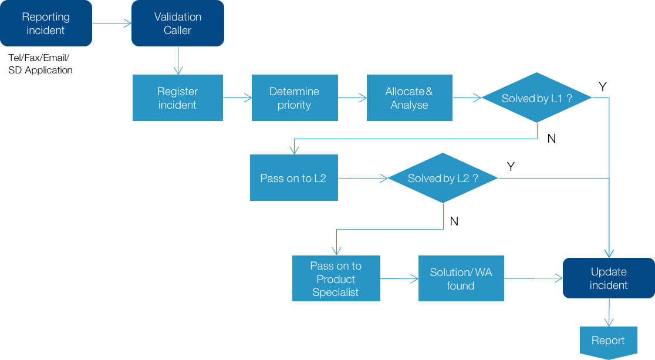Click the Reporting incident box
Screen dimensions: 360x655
tap(46, 23)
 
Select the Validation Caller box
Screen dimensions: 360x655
tap(177, 23)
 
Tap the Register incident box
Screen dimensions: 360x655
tap(177, 98)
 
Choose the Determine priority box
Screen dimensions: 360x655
tap(295, 98)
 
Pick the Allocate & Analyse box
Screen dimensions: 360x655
tap(409, 98)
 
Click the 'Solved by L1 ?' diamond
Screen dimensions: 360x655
tap(536, 98)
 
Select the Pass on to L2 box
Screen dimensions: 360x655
tap(293, 178)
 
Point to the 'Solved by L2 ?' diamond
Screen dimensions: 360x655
tap(443, 178)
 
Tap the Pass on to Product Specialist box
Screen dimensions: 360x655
tap(336, 279)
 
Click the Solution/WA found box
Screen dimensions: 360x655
tap(461, 279)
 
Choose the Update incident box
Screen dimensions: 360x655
tap(609, 278)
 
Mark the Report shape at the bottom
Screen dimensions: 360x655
tap(608, 341)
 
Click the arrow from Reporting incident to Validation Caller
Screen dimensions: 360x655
tap(112, 23)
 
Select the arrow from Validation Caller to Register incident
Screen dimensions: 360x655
tap(177, 60)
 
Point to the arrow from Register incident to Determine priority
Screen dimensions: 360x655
tap(237, 98)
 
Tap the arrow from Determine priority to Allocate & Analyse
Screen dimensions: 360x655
tap(352, 98)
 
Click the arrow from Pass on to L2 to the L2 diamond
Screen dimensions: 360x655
tap(363, 178)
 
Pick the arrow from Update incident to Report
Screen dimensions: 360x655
tap(609, 312)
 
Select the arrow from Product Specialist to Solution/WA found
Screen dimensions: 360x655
tap(399, 279)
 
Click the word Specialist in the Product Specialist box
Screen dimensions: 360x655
tap(336, 292)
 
